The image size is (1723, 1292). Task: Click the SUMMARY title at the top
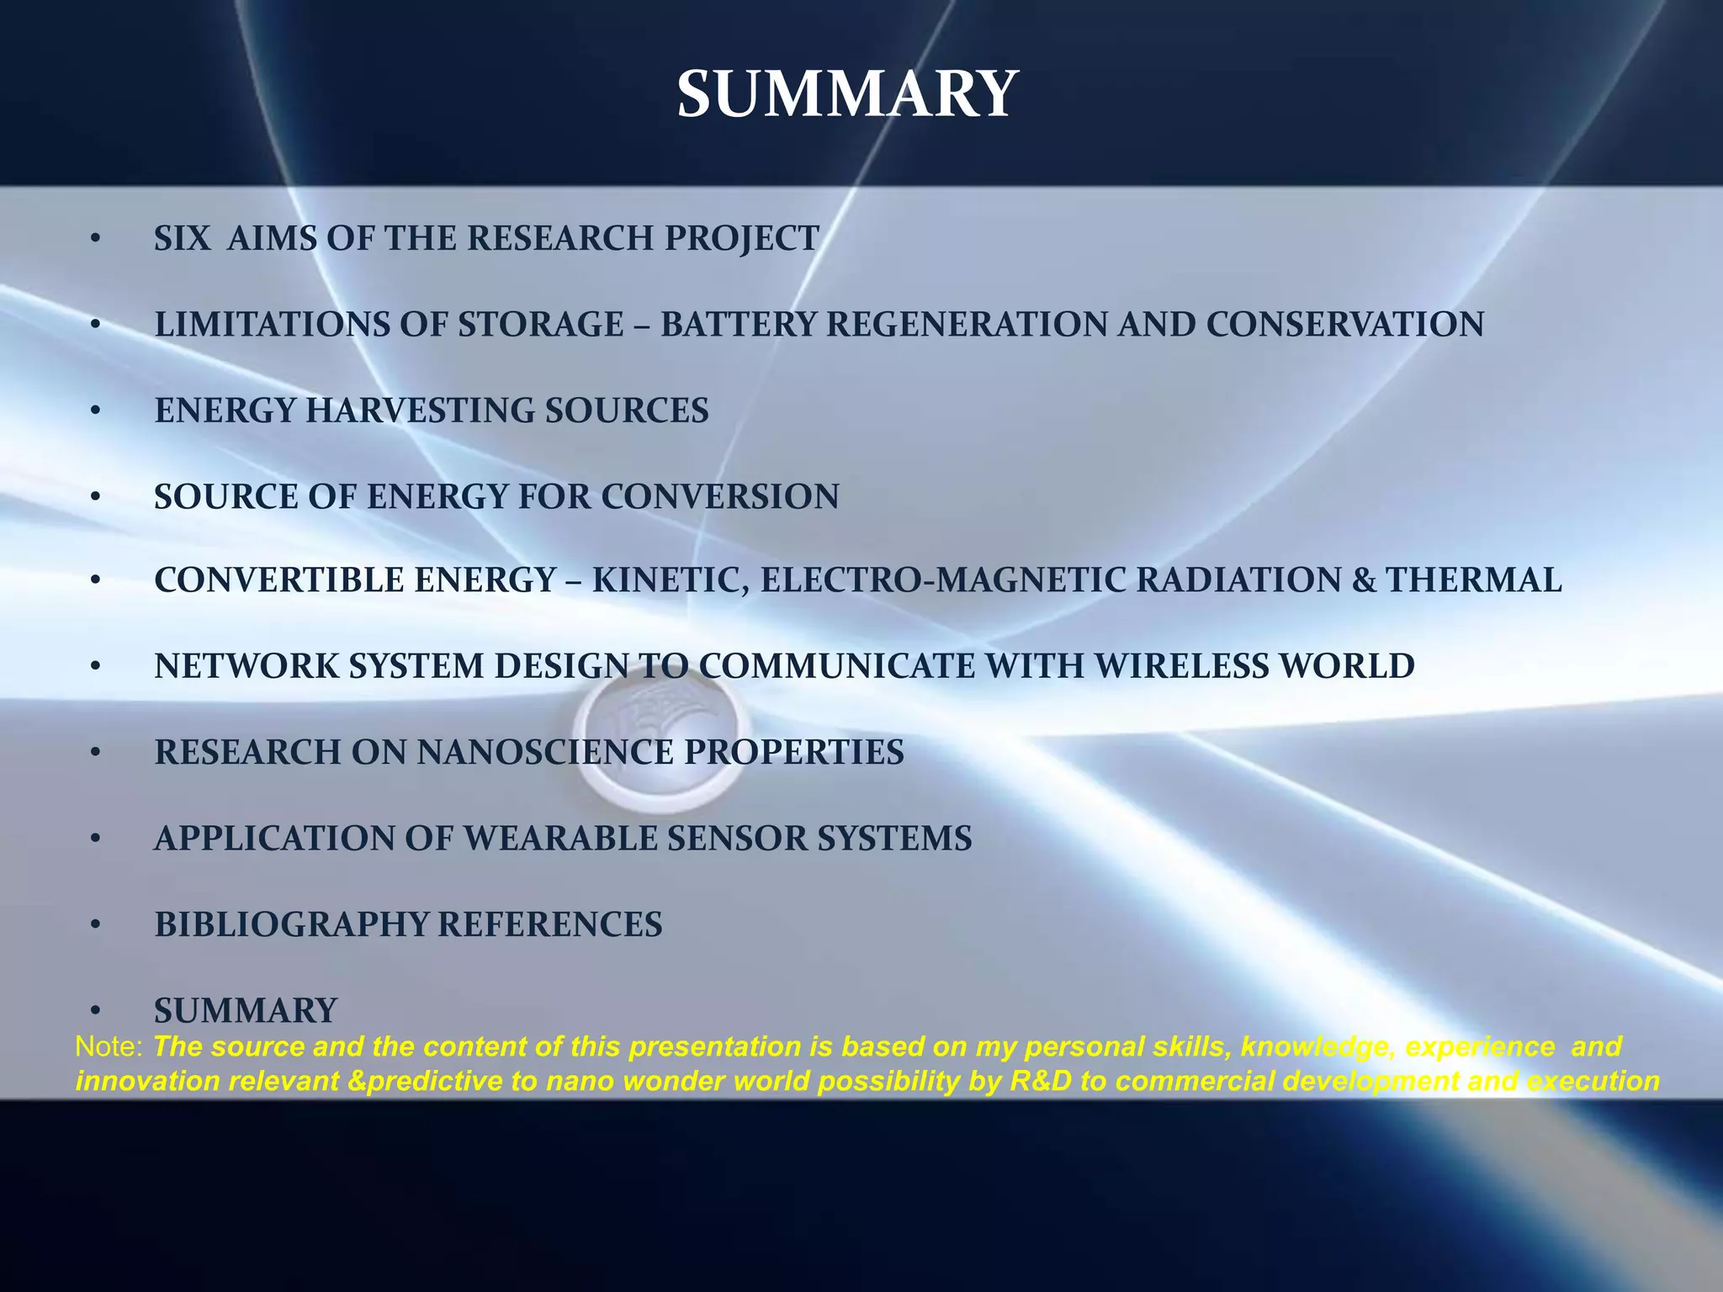point(847,94)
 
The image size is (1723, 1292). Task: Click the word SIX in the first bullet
point(182,239)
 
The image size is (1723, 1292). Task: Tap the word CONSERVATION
point(1344,325)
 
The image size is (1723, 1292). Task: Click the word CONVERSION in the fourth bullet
point(719,496)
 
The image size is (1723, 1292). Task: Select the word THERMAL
point(1473,580)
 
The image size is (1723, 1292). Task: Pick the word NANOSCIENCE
point(545,752)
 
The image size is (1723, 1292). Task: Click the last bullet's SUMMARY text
point(246,1010)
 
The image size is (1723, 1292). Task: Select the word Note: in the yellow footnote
point(109,1047)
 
